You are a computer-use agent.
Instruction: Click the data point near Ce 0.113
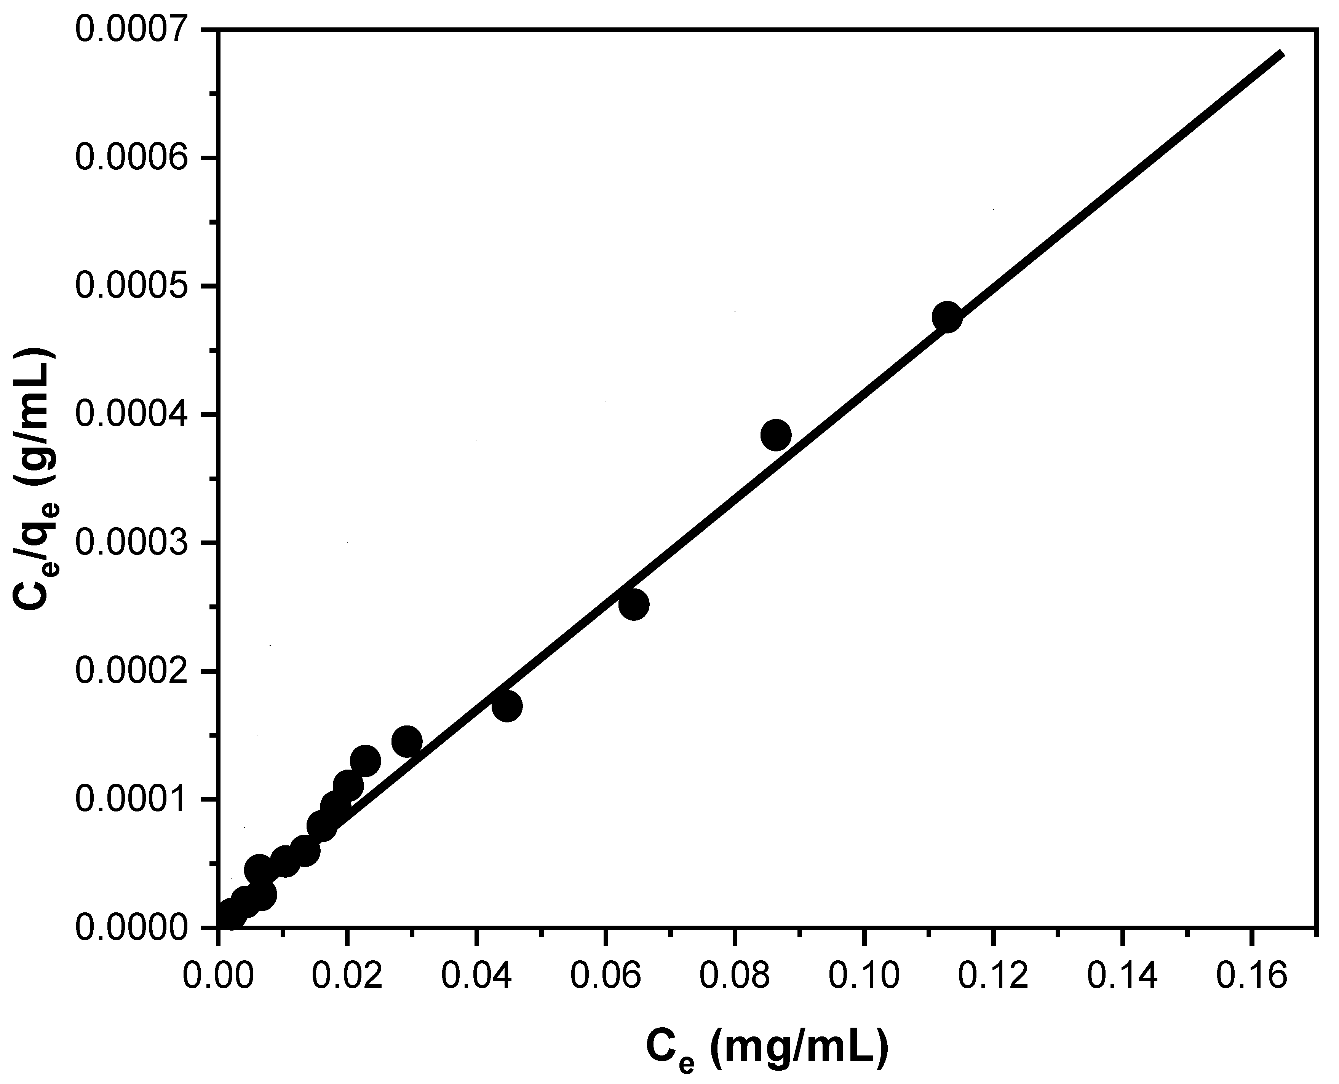coord(947,317)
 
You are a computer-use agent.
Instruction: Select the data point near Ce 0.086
coord(776,435)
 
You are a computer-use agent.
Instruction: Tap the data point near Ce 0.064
coord(634,604)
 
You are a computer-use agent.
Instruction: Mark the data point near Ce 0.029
coord(407,741)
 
